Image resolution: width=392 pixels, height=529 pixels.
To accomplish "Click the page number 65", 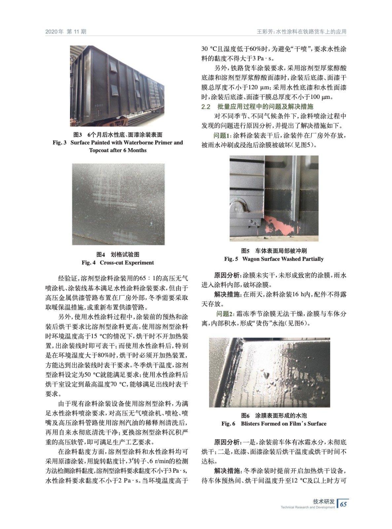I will (343, 504).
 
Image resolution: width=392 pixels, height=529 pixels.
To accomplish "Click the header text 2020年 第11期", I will (66, 32).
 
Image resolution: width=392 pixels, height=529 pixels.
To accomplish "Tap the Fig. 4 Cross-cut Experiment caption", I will (118, 263).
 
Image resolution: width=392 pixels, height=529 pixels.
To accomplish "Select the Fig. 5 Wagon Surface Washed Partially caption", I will (274, 259).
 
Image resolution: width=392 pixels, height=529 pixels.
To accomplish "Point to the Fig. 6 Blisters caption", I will (274, 424).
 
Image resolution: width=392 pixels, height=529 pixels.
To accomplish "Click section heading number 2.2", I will (206, 106).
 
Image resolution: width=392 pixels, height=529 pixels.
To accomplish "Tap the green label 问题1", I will (223, 136).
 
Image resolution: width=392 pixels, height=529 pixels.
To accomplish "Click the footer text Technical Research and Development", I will (307, 507).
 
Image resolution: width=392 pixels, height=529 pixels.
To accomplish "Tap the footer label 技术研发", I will (324, 501).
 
